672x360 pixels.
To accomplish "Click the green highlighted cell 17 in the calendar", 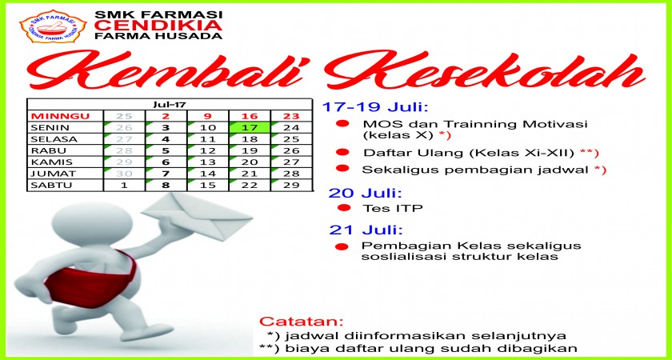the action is pyautogui.click(x=250, y=127).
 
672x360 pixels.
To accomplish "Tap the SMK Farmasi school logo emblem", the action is pyautogui.click(x=54, y=26).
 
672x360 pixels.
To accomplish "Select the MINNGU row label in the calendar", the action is pyautogui.click(x=61, y=116).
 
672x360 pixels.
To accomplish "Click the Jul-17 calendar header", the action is pyautogui.click(x=170, y=105).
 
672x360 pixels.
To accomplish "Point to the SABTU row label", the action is pyautogui.click(x=50, y=185).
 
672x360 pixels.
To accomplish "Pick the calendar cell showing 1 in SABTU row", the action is pyautogui.click(x=124, y=185).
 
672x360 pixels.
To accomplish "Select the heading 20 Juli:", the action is pyautogui.click(x=365, y=193).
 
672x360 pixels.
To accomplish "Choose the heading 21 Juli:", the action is pyautogui.click(x=366, y=230).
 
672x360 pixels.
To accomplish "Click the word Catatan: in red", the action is pyautogui.click(x=302, y=321).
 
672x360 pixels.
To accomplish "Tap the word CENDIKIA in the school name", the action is pyautogui.click(x=158, y=26).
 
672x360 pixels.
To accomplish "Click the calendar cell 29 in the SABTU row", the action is pyautogui.click(x=291, y=185).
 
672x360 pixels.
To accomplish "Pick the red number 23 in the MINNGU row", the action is pyautogui.click(x=291, y=116).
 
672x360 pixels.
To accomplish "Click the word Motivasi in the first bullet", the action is pyautogui.click(x=550, y=124).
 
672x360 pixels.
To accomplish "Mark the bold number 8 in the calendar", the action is pyautogui.click(x=166, y=185).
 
